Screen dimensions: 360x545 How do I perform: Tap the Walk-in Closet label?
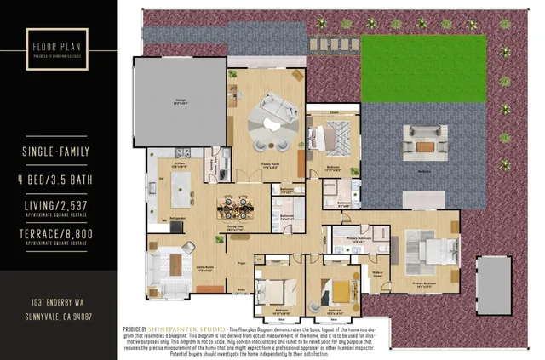[378, 274]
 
